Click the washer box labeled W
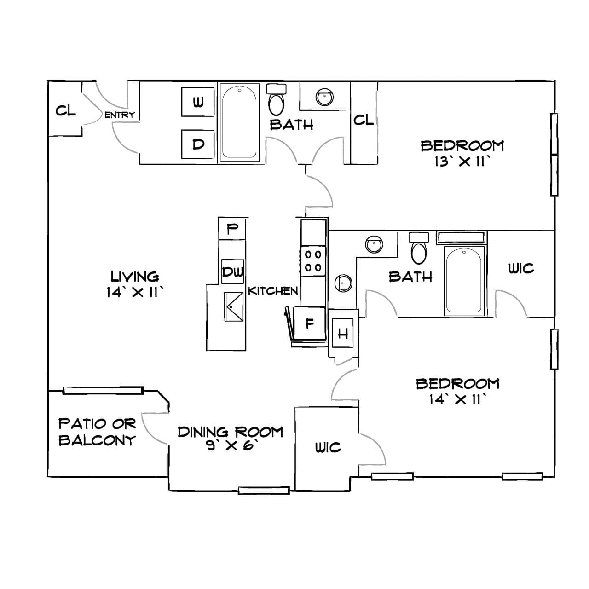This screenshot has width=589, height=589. click(x=198, y=102)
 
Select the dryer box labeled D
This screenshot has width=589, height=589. click(x=198, y=144)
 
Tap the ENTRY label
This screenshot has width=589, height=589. click(x=120, y=115)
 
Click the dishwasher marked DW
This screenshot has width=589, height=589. click(x=232, y=271)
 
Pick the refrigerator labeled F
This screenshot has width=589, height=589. click(x=309, y=323)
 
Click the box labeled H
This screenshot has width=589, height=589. click(x=343, y=333)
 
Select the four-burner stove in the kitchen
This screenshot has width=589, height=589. click(x=313, y=261)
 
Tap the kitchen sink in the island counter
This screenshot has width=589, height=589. click(x=233, y=306)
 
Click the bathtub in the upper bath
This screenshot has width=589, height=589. click(x=239, y=122)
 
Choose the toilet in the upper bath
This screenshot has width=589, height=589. click(x=276, y=99)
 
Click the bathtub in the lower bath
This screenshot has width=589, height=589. click(x=464, y=280)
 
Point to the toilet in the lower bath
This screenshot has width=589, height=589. click(x=419, y=248)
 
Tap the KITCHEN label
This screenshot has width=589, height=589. click(x=273, y=291)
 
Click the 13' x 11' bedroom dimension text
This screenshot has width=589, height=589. click(x=462, y=162)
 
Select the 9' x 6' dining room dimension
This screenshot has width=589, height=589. click(x=231, y=445)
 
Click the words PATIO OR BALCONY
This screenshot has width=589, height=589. click(x=97, y=432)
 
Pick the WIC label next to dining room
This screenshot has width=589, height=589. click(x=328, y=447)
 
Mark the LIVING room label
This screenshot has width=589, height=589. click(x=134, y=277)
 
